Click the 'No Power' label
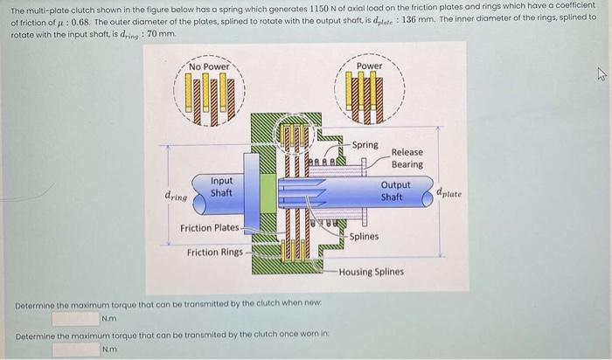(x=209, y=66)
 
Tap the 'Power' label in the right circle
(x=369, y=66)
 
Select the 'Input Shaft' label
(x=221, y=186)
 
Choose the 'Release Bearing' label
(x=407, y=158)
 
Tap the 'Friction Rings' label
(x=215, y=253)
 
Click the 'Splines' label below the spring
(x=363, y=236)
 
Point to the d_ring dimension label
(x=177, y=197)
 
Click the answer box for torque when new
(x=75, y=318)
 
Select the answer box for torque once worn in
(x=75, y=350)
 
